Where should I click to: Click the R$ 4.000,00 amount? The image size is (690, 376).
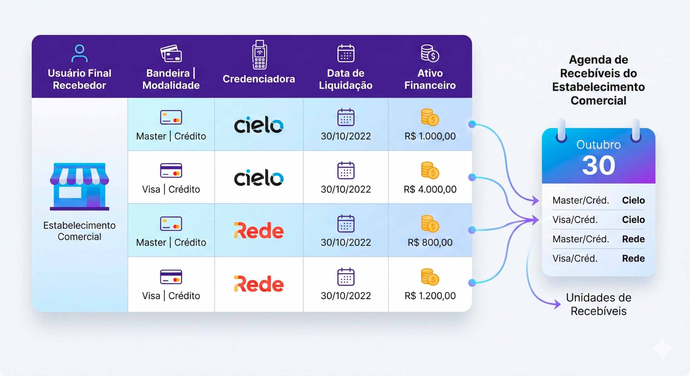coord(430,189)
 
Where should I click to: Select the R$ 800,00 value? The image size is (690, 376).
coord(430,242)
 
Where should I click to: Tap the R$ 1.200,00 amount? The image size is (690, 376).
coord(430,296)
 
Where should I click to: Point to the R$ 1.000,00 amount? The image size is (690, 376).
coord(430,136)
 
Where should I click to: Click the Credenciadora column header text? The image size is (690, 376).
coord(259,79)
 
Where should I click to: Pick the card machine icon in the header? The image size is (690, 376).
coord(259,55)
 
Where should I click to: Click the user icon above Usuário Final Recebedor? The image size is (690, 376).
coord(80,53)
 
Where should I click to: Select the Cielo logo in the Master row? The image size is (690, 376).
coord(259,125)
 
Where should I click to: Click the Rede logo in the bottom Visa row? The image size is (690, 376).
coord(259,284)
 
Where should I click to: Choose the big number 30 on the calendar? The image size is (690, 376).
coord(599,165)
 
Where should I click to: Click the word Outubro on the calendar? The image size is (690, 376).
coord(599,145)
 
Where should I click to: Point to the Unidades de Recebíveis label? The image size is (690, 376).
coord(599,304)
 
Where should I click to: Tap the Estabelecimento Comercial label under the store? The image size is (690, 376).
coord(80,231)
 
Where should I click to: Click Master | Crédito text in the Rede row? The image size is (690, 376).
coord(171,242)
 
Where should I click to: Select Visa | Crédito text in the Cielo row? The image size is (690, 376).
coord(171,189)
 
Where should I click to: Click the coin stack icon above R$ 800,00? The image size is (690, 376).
coord(430,224)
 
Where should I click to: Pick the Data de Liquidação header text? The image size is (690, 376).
coord(346,79)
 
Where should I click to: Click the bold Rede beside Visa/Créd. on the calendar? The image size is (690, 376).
coord(633,259)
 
